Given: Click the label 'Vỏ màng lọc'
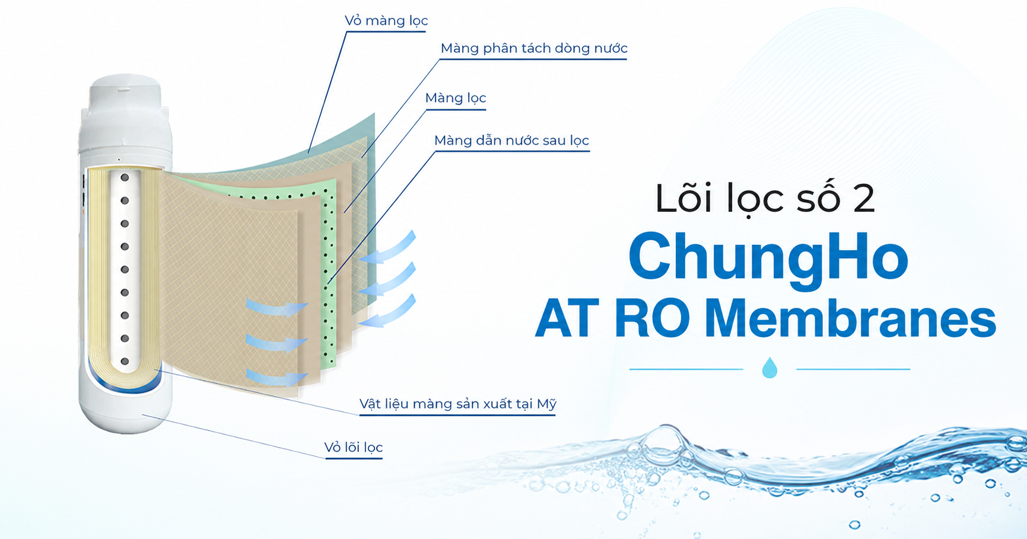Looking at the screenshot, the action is click(386, 21).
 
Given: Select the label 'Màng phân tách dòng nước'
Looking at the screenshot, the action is click(533, 49).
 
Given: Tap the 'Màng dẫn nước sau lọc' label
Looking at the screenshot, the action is click(511, 141).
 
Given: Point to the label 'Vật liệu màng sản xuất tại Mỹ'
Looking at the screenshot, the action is click(457, 404).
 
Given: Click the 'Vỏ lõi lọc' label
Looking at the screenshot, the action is click(353, 448).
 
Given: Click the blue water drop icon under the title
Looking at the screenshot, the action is click(770, 368).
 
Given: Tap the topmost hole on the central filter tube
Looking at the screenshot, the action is click(125, 177).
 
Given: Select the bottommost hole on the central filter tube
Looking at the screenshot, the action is click(125, 361).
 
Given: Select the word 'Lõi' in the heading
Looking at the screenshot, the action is click(685, 199).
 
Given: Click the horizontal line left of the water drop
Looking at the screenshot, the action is click(686, 369).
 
